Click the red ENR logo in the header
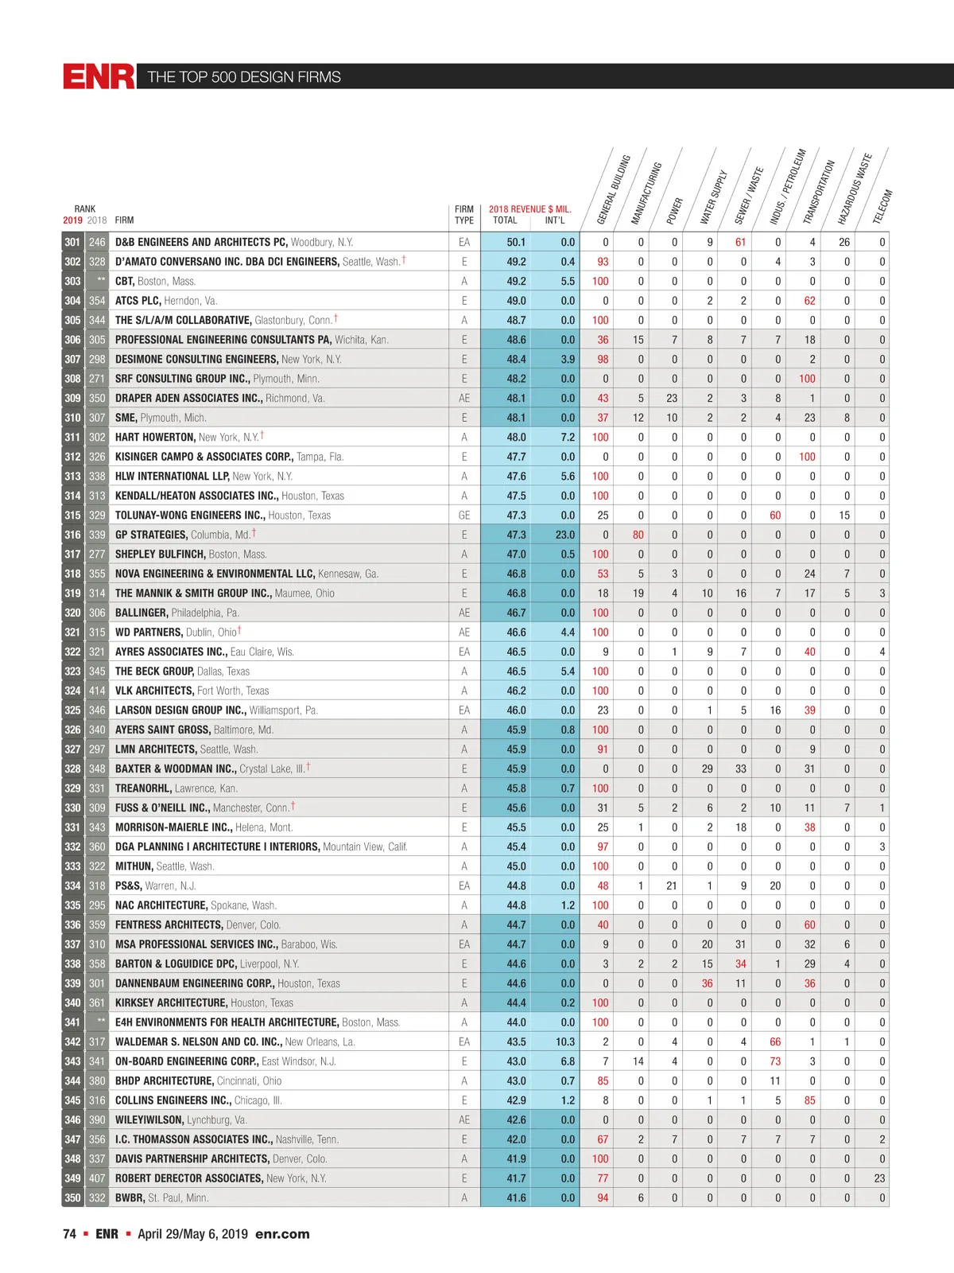click(x=99, y=76)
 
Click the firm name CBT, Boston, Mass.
click(x=155, y=282)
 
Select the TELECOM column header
click(x=882, y=207)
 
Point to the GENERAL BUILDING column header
click(x=613, y=189)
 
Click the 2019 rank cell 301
click(x=72, y=243)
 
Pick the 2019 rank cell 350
click(x=72, y=1198)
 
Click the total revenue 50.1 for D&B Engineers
click(x=516, y=243)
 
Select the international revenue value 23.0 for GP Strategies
click(x=564, y=535)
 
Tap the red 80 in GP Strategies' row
click(x=638, y=535)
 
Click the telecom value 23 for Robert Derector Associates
click(x=879, y=1178)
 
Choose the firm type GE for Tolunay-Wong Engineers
click(x=464, y=516)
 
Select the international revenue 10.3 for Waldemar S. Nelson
click(x=564, y=1042)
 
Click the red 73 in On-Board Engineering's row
click(x=775, y=1061)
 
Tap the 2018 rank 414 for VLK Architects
click(x=97, y=691)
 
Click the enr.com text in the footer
click(x=282, y=1234)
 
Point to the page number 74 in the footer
click(x=69, y=1234)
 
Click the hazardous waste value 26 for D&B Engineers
click(x=844, y=243)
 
